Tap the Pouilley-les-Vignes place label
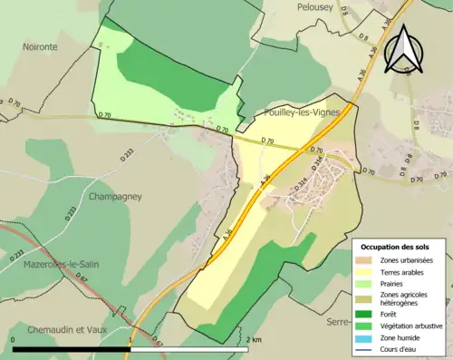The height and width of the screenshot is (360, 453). [294, 112]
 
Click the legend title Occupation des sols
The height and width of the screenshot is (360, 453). [396, 247]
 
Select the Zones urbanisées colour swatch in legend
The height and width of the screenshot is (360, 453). [367, 260]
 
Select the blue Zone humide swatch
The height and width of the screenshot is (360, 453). [367, 336]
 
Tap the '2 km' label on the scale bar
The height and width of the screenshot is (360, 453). [255, 339]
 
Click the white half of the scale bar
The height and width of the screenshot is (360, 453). [189, 348]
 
